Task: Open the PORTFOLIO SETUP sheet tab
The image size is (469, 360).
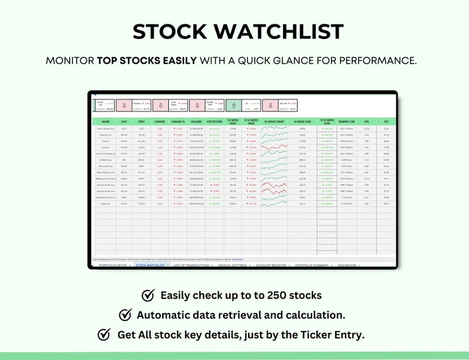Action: point(113,266)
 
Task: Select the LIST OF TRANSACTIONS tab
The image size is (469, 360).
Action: point(193,266)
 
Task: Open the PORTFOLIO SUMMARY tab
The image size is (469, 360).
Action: point(312,266)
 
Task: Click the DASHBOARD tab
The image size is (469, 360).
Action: point(347,266)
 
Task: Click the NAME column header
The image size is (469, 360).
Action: point(106,122)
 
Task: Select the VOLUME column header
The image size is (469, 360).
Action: point(197,122)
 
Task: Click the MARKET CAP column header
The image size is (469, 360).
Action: point(347,122)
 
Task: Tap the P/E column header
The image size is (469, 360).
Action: point(386,122)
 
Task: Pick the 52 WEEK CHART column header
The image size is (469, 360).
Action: point(275,122)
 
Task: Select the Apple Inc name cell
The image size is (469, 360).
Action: point(106,204)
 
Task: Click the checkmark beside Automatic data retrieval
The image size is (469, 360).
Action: point(126,315)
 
